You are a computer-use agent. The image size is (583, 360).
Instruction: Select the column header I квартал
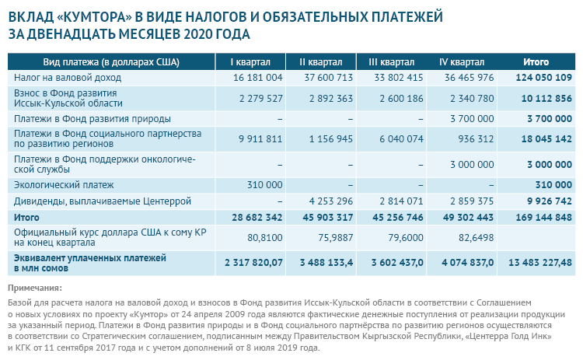[x=251, y=62]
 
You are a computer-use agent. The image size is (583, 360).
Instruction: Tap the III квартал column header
[x=391, y=62]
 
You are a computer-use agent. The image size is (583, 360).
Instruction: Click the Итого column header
[x=536, y=62]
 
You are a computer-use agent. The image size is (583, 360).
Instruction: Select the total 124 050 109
[x=543, y=78]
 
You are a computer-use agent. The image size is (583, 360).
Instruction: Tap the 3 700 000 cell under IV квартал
[x=470, y=119]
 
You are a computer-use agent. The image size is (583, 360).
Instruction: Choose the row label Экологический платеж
[x=64, y=185]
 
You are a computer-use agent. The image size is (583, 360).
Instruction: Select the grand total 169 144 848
[x=543, y=217]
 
